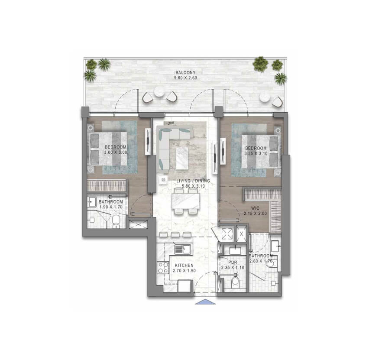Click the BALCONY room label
tap(185, 72)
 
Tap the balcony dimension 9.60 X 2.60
tap(185, 78)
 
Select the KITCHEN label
tap(184, 266)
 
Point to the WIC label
tap(255, 208)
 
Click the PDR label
tap(233, 262)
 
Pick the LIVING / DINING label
tap(193, 181)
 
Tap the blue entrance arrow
tap(205, 302)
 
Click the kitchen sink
tap(183, 249)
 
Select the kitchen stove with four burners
tap(163, 268)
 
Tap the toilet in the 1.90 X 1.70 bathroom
tap(116, 221)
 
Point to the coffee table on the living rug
tap(182, 158)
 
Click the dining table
tap(186, 201)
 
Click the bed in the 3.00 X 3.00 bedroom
tap(108, 149)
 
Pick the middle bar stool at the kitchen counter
tap(175, 234)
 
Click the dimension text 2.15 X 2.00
tap(256, 214)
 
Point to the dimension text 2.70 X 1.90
tap(184, 271)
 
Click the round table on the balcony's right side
tap(265, 97)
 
